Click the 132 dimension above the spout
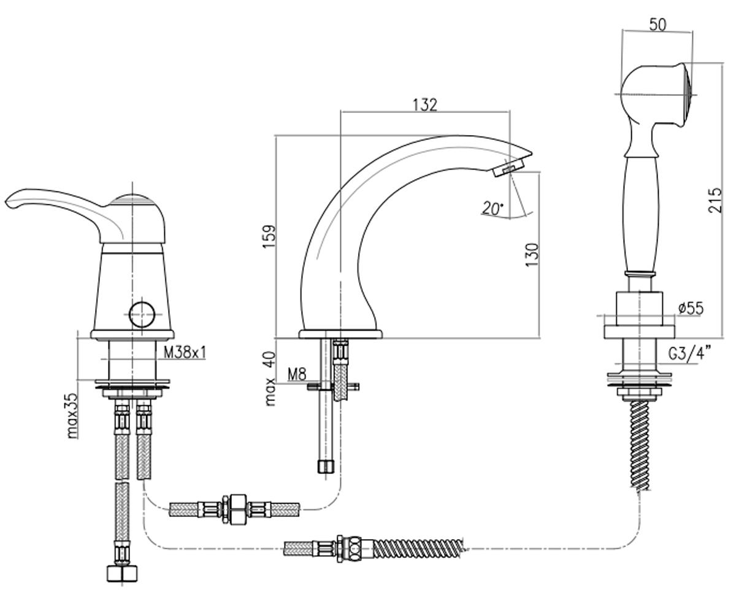pyautogui.click(x=425, y=105)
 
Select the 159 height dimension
pyautogui.click(x=269, y=236)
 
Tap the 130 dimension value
pyautogui.click(x=532, y=255)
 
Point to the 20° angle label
pyautogui.click(x=493, y=208)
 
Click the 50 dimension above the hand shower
pyautogui.click(x=657, y=25)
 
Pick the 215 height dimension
pyautogui.click(x=715, y=200)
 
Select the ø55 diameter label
pyautogui.click(x=691, y=308)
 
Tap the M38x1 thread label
pyautogui.click(x=185, y=352)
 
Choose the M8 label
pyautogui.click(x=297, y=375)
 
